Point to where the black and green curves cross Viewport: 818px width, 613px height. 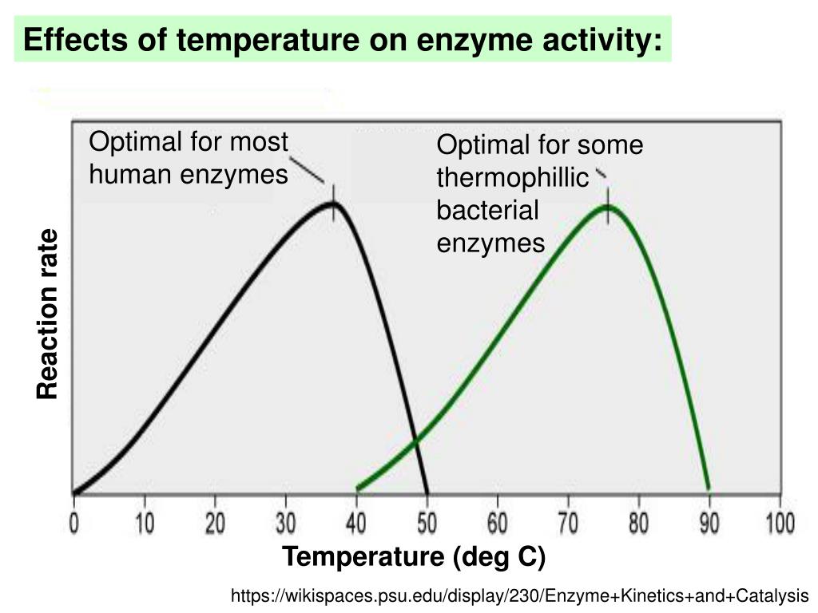[x=415, y=439]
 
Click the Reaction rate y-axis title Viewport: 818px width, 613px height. [x=48, y=314]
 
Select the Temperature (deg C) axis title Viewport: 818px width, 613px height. [x=413, y=557]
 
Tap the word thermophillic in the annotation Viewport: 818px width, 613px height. [x=512, y=179]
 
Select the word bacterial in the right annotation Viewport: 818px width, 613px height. [x=487, y=211]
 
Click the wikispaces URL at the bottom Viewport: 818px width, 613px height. [x=519, y=595]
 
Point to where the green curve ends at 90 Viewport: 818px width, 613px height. [x=708, y=488]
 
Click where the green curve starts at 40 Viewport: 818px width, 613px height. [x=359, y=488]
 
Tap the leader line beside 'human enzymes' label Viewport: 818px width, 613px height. [x=306, y=169]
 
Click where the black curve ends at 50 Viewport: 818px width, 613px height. [x=427, y=490]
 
